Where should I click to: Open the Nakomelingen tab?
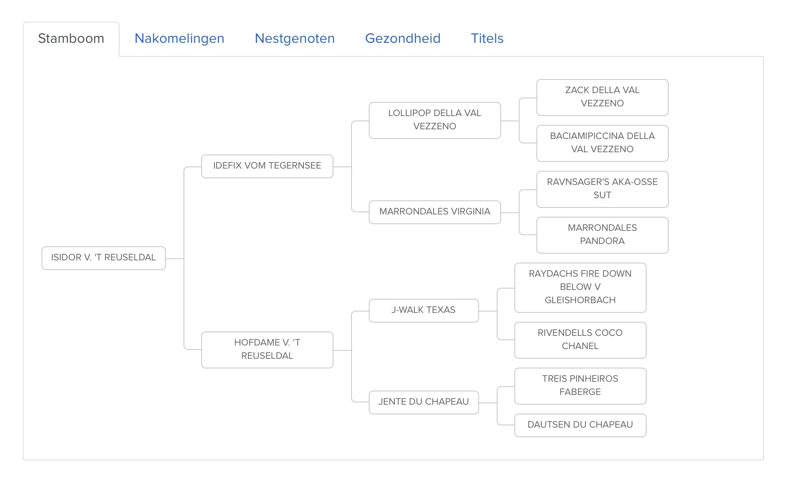click(x=179, y=38)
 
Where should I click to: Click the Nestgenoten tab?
click(x=295, y=38)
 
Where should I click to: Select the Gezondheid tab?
click(x=403, y=38)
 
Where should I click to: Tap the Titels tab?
click(x=487, y=38)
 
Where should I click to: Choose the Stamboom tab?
click(x=71, y=39)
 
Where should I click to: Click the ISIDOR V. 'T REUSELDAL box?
click(x=104, y=258)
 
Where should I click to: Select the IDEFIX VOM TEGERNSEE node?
click(x=267, y=166)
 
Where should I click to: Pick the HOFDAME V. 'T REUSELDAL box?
click(x=267, y=350)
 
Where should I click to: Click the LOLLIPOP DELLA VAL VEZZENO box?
click(x=435, y=120)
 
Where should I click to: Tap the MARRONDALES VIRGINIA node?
click(x=435, y=212)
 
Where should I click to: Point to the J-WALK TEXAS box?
click(x=424, y=310)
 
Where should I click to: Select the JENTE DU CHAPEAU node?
click(x=424, y=402)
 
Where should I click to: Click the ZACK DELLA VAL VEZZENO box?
click(x=603, y=97)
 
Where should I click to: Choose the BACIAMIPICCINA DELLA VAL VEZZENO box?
click(x=603, y=143)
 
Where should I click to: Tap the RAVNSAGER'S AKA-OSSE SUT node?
click(x=603, y=189)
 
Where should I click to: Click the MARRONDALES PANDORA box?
click(x=603, y=235)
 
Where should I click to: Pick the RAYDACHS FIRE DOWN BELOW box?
click(x=580, y=287)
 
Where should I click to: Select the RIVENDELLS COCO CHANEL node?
click(x=580, y=340)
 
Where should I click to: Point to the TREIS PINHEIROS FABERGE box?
click(x=580, y=386)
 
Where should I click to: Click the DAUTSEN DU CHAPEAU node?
click(x=580, y=425)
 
